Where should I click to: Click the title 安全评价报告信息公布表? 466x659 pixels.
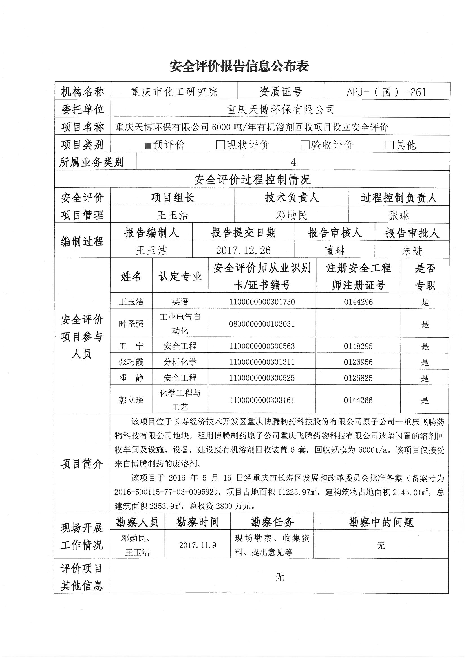click(239, 66)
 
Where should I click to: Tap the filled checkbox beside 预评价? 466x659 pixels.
click(149, 145)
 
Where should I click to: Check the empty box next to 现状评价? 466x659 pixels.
click(220, 145)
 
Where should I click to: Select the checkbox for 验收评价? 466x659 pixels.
click(305, 145)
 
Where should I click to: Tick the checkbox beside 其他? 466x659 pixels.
click(389, 145)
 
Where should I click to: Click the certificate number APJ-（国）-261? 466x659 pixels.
click(387, 92)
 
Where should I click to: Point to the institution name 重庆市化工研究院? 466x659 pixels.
click(174, 92)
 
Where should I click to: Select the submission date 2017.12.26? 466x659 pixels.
click(243, 251)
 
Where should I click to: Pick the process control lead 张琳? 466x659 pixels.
click(399, 216)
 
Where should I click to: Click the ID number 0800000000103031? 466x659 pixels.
click(262, 324)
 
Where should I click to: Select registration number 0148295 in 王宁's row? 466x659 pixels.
click(358, 346)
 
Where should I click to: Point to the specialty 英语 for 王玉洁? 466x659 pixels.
click(180, 302)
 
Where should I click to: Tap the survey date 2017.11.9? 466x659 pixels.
click(198, 545)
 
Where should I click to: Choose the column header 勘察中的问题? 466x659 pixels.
click(381, 522)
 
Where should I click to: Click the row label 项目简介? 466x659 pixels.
click(82, 464)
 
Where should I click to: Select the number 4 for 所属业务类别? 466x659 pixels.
click(293, 163)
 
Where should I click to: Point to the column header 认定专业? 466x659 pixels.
click(180, 277)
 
